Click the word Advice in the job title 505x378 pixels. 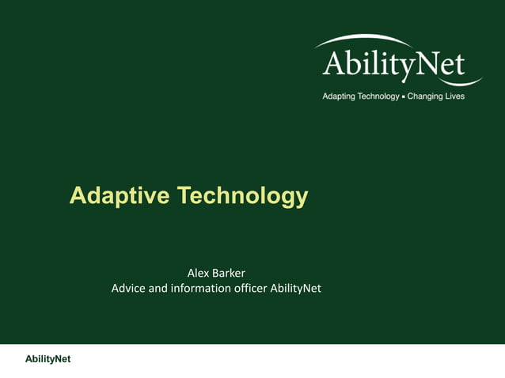(x=128, y=289)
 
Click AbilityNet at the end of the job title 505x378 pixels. (x=295, y=289)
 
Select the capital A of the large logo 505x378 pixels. (x=335, y=62)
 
